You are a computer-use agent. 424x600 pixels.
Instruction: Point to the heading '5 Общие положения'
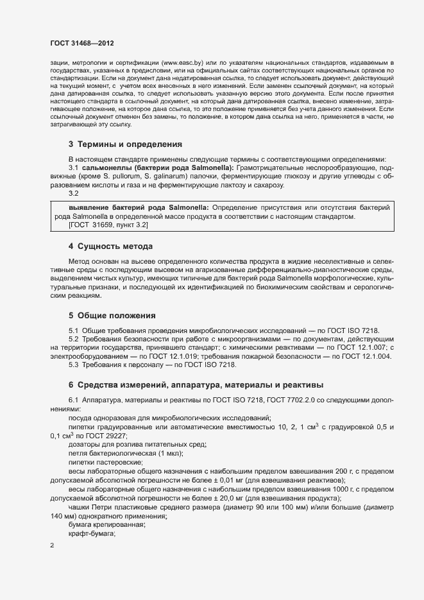click(x=112, y=315)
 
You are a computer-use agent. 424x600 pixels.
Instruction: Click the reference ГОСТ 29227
click(x=101, y=436)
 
